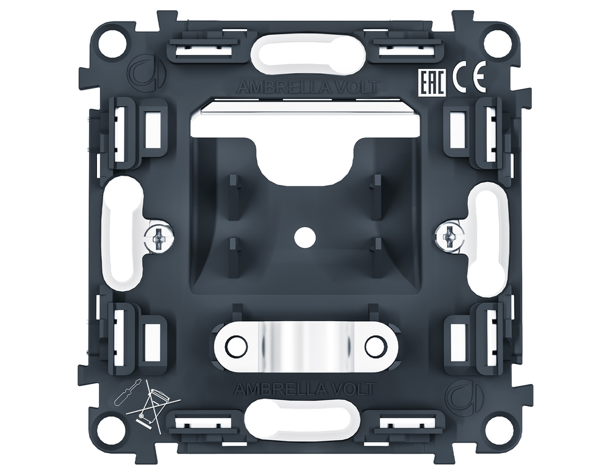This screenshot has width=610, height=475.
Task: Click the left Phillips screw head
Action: pos(160,237)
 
